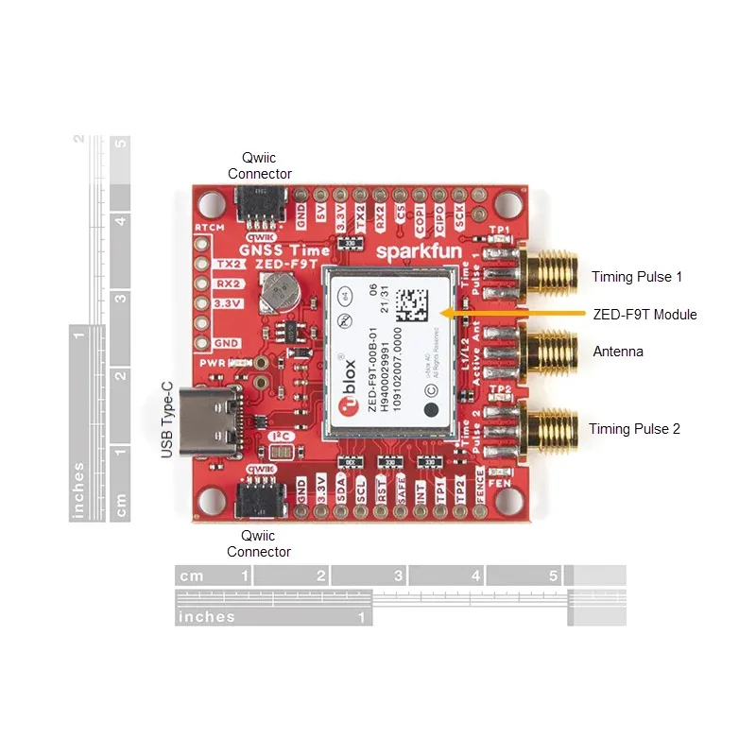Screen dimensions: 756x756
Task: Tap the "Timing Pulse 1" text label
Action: coord(636,277)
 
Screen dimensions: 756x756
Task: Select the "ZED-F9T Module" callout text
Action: coord(644,314)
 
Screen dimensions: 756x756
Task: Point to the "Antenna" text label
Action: coord(618,352)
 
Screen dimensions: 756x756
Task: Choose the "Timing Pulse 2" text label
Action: coord(634,429)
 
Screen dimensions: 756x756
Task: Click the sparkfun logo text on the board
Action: coord(415,252)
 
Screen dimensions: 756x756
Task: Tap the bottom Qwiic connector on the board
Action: coord(259,498)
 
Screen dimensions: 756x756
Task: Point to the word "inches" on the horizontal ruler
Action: coord(207,617)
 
